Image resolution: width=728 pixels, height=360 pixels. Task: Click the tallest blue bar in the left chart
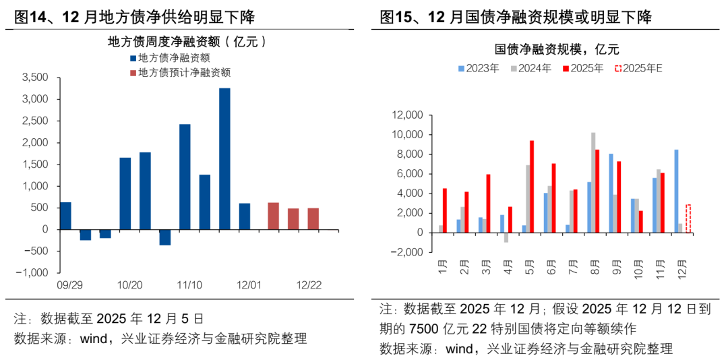pos(224,158)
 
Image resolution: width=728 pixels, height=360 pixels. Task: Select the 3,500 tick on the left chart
pos(35,78)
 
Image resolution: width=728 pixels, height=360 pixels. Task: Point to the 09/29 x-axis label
pos(71,285)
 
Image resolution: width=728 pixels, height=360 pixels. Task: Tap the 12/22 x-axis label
pos(309,285)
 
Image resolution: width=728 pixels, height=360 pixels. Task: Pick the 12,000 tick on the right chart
pos(406,115)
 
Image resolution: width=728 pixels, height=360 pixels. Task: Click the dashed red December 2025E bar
pos(688,219)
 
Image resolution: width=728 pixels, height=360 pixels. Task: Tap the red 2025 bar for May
pos(532,187)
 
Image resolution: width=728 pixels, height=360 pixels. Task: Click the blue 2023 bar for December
pos(676,191)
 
